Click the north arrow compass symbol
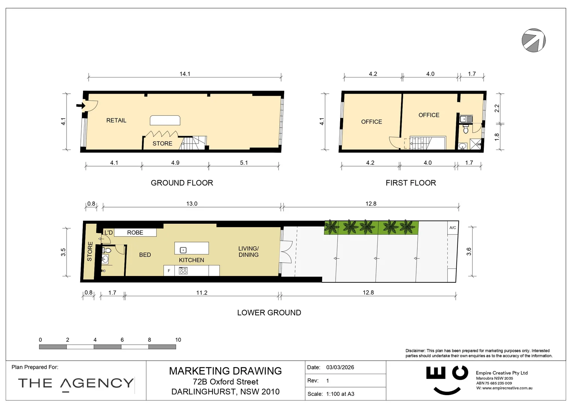click(533, 40)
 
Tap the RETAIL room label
click(116, 120)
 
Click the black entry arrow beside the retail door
click(80, 106)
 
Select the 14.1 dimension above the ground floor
click(185, 74)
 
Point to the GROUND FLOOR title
click(182, 183)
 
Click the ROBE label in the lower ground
click(135, 233)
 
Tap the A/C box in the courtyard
click(453, 228)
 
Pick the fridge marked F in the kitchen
click(169, 271)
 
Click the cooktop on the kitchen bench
click(183, 271)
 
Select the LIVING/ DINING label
click(248, 251)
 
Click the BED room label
click(145, 255)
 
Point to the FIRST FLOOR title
click(410, 183)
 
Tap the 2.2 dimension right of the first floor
click(497, 108)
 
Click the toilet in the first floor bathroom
click(466, 130)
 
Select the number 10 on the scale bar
click(178, 340)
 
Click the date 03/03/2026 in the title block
click(340, 367)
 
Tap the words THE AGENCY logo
click(76, 383)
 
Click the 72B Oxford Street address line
click(225, 382)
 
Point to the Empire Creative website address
click(507, 388)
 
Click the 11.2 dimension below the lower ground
click(201, 293)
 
